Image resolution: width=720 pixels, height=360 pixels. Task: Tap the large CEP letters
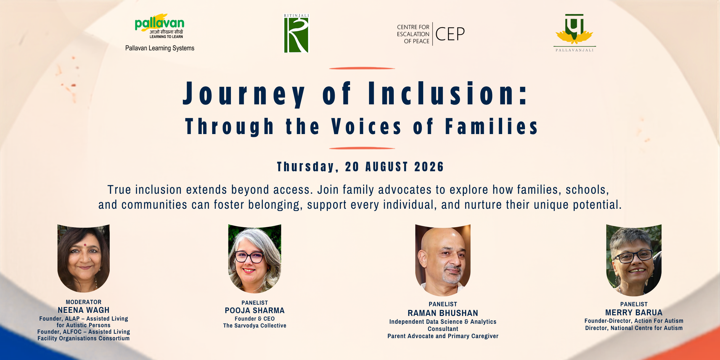(x=450, y=34)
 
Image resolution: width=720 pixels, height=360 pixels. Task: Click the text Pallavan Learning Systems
(x=160, y=48)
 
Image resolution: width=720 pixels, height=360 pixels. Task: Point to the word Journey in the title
(x=244, y=93)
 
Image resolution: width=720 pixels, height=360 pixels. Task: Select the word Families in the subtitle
(x=491, y=127)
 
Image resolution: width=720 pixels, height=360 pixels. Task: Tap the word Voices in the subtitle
(x=366, y=127)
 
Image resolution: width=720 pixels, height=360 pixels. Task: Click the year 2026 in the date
(x=429, y=167)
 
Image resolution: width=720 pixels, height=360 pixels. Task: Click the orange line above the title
(x=362, y=68)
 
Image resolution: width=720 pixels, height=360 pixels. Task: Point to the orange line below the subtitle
(x=362, y=148)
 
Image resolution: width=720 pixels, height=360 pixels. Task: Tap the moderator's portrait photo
(x=83, y=258)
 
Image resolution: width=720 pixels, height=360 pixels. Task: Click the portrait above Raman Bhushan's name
(x=443, y=260)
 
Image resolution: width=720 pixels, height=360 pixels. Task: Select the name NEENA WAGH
(x=83, y=310)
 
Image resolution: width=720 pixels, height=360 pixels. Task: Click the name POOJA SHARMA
(x=255, y=310)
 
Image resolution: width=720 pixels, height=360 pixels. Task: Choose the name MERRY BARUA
(x=634, y=312)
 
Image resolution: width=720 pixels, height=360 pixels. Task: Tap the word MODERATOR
(x=83, y=302)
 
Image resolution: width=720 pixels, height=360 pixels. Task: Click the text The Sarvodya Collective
(x=255, y=326)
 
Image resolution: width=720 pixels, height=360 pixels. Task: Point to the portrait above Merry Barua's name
(x=634, y=260)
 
